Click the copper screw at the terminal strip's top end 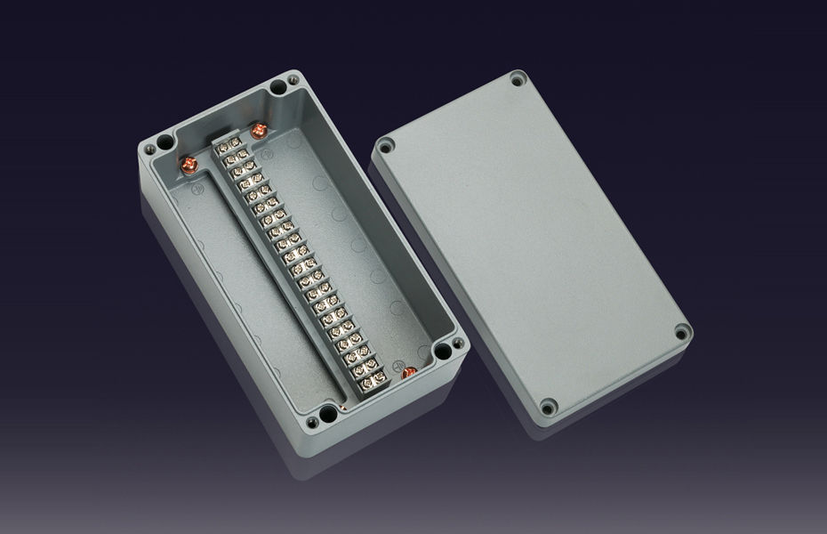(259, 131)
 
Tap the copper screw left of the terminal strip (189, 164)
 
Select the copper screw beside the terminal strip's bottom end (409, 373)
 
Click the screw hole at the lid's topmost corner (518, 82)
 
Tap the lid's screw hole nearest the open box (385, 147)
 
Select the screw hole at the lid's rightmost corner (681, 334)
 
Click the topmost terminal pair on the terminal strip (229, 143)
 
